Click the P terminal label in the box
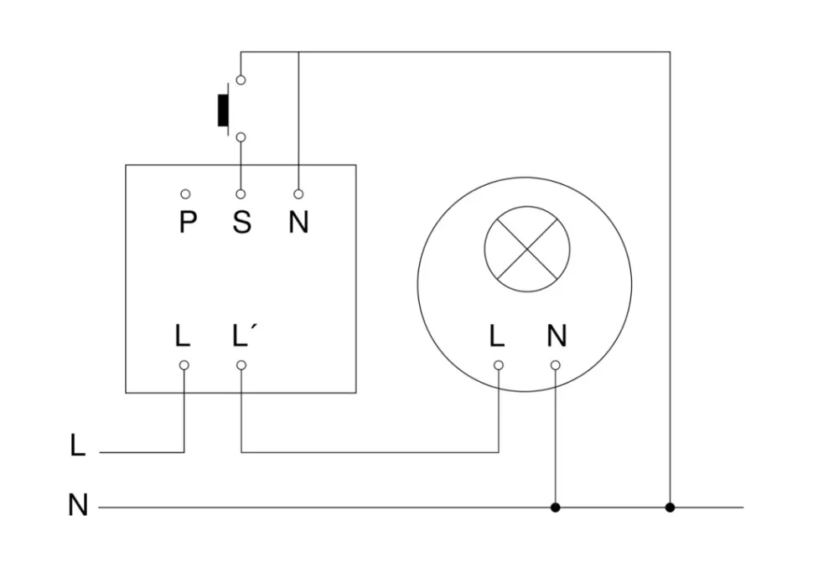187,222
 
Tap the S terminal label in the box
241,222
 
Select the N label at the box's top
298,222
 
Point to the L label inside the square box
183,336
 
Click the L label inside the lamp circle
497,336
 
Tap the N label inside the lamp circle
557,336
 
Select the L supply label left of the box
78,446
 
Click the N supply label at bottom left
78,506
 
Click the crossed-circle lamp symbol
527,249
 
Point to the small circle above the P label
185,194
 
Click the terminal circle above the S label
241,194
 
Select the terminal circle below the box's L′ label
241,365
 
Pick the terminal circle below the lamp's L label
499,365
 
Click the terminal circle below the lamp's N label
555,365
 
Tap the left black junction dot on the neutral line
555,508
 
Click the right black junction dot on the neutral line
670,508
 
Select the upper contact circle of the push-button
241,80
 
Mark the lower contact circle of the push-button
241,137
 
